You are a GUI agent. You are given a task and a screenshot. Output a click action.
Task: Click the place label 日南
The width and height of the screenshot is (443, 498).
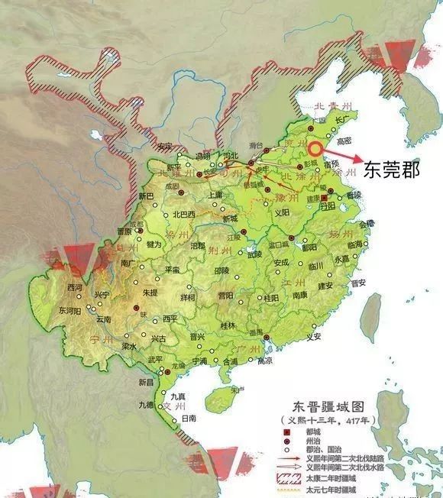pyautogui.click(x=189, y=419)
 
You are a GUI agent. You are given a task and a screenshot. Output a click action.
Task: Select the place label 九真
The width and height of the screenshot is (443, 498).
pyautogui.click(x=177, y=395)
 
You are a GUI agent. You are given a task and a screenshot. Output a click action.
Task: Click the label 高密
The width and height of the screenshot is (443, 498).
pyautogui.click(x=344, y=141)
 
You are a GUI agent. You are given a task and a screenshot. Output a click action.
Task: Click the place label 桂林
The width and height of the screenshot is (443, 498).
pyautogui.click(x=228, y=325)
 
